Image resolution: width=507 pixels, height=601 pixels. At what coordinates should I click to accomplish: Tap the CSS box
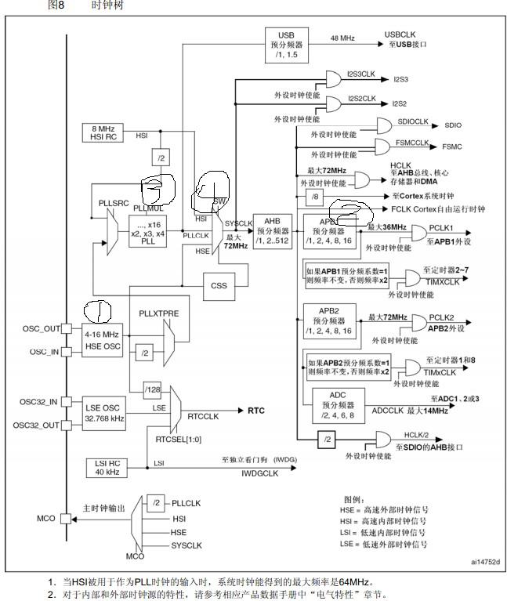coord(219,286)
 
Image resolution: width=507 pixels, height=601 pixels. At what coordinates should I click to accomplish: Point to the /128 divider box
coord(152,388)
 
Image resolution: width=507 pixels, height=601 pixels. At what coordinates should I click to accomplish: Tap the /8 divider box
coord(314,196)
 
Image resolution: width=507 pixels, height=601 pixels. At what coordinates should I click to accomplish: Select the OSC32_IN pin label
coord(39,401)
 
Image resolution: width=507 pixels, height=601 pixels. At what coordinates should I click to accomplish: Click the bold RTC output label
coord(256,410)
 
